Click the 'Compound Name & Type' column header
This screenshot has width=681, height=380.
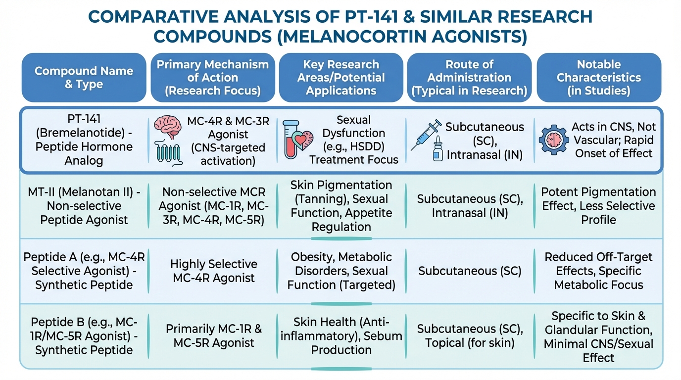(84, 78)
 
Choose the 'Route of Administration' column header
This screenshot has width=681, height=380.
(469, 78)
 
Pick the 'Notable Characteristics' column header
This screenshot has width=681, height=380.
(598, 78)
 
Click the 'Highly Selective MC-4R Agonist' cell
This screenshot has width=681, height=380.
(214, 271)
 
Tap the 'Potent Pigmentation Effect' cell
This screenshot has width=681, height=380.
(598, 205)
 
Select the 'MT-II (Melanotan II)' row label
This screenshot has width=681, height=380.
(84, 205)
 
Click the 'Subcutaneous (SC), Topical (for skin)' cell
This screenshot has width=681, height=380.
(470, 336)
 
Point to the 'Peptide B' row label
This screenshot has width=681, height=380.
(84, 336)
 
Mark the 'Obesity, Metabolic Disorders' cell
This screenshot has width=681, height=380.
(341, 271)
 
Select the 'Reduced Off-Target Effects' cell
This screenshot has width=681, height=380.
(598, 271)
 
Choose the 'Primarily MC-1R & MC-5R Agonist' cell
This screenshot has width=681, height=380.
(214, 336)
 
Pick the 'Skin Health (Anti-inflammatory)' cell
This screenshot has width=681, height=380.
(341, 336)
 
